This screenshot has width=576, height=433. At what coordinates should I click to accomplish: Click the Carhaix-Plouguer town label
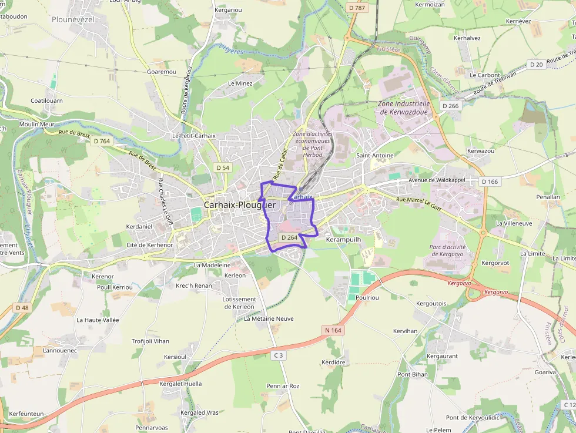239,205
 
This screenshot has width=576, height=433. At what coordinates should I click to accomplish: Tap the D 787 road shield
356,8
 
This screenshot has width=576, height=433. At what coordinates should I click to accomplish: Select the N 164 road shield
333,331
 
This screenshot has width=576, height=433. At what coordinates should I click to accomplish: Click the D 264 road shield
289,237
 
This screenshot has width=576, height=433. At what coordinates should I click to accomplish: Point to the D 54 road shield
223,168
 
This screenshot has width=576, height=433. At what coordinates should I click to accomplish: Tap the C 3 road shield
278,355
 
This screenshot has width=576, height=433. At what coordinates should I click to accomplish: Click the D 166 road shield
490,182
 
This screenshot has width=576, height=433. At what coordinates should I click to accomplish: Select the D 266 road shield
450,106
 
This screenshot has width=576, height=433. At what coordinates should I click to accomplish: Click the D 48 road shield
22,308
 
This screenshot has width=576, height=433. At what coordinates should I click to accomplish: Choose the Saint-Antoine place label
375,155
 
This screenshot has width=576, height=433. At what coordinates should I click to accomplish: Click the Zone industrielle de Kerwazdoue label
404,108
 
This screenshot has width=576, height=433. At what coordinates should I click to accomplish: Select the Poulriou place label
367,298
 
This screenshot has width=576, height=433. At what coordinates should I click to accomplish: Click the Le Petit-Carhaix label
190,135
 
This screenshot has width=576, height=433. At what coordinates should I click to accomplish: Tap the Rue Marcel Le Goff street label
418,203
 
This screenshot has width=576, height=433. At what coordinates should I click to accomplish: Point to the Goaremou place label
162,72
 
